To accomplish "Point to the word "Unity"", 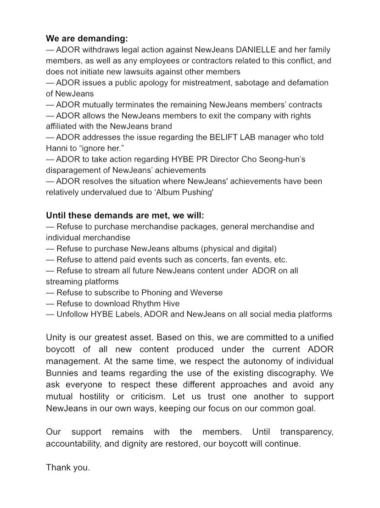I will click(56, 337).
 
